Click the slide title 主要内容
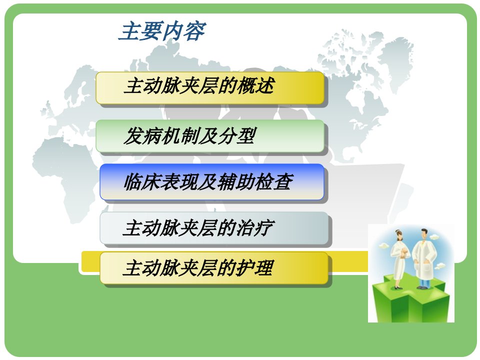[x=162, y=30]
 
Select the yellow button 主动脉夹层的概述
[x=209, y=88]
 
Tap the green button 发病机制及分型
[x=209, y=136]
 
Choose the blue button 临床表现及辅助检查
[x=211, y=182]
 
